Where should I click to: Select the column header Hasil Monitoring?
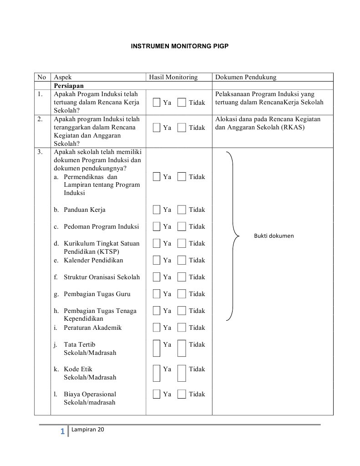173,77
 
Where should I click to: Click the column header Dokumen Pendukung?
245,77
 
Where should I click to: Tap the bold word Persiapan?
69,86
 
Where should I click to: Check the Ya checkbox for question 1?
157,102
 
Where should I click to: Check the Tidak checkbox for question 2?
182,128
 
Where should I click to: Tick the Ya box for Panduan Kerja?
157,210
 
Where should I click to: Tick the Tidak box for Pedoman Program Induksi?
182,226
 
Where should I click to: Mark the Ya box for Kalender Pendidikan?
157,260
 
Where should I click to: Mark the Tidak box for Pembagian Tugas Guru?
182,294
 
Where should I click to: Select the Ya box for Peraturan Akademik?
157,328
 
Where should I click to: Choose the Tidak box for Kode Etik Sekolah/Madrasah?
182,373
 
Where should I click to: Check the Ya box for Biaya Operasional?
157,394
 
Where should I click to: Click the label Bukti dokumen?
274,236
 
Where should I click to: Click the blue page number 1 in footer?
62,431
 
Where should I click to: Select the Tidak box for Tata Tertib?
182,348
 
